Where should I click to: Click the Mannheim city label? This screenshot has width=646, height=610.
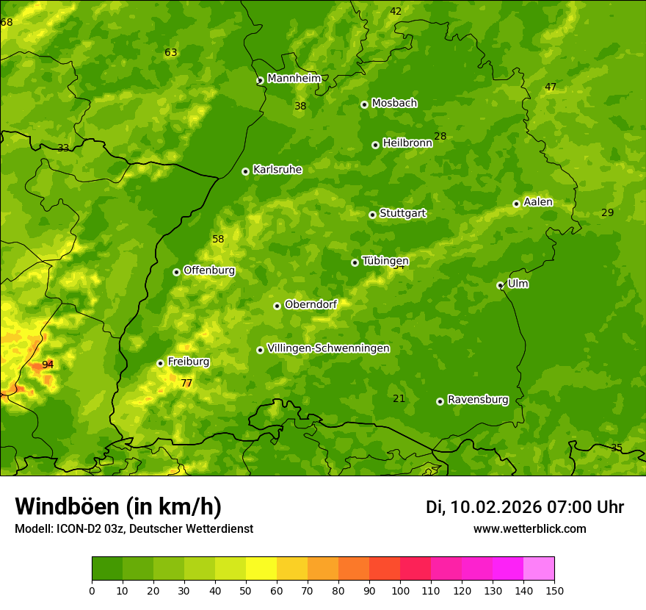pos(294,79)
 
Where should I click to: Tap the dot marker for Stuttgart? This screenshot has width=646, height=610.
pos(373,215)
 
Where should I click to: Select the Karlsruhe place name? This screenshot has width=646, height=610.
pos(277,170)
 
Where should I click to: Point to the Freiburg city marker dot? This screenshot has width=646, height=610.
pos(160,363)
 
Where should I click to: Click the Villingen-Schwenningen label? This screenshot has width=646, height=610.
pos(328,348)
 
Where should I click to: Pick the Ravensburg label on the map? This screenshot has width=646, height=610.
pos(478,400)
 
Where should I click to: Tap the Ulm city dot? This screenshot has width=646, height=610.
pos(500,285)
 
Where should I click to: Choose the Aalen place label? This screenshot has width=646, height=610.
pos(538,202)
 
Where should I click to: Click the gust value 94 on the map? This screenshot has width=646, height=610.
pos(48,365)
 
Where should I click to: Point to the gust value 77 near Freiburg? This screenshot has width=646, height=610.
pos(186,383)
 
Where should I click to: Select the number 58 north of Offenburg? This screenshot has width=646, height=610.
pos(218,239)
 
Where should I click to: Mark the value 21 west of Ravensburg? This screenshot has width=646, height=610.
pos(399,398)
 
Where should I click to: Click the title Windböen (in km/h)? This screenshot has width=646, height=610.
pos(118,506)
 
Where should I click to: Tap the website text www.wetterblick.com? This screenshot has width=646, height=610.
pos(529,528)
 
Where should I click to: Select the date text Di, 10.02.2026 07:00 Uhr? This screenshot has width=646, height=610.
pos(525,507)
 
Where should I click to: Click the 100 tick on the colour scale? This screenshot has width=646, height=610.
pos(400,590)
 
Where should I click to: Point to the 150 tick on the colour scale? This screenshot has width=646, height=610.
pos(554,590)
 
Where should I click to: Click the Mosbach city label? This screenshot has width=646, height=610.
pos(394,103)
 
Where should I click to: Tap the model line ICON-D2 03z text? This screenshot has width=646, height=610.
pos(134,528)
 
